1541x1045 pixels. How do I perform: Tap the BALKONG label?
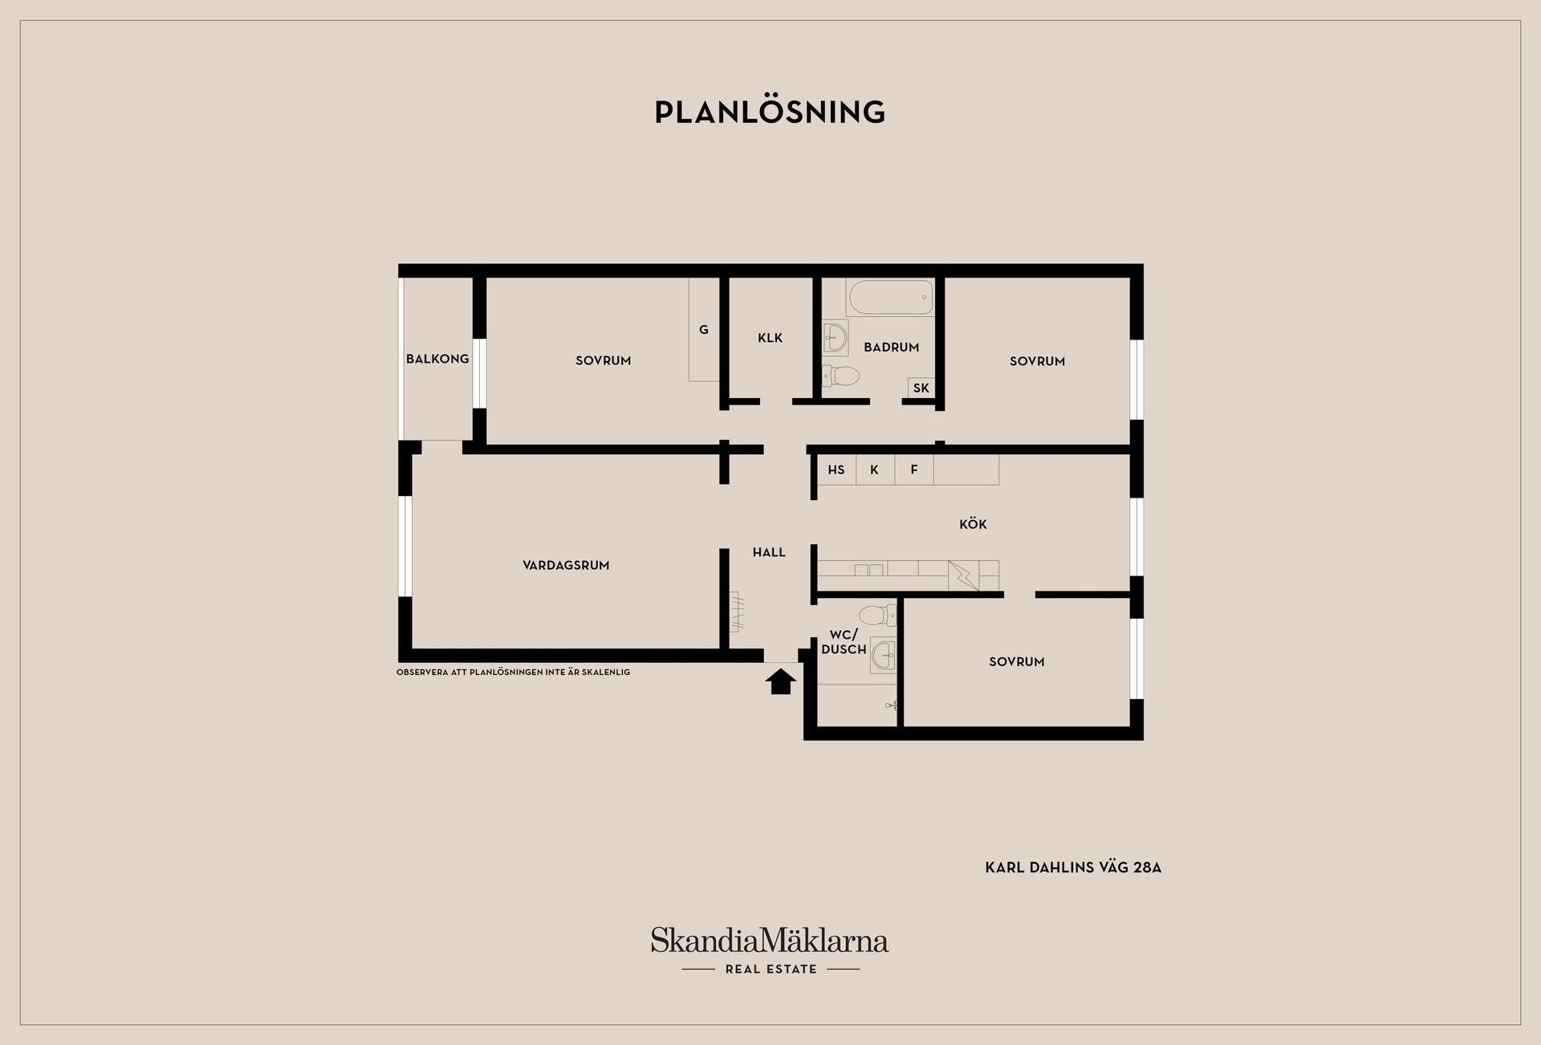tap(437, 359)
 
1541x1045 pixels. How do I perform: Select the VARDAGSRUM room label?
tap(566, 565)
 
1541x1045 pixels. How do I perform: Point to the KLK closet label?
tap(770, 338)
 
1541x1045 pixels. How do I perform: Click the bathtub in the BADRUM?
tap(891, 297)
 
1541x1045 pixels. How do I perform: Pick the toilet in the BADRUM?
tap(840, 376)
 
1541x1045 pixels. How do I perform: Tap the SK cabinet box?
tap(921, 388)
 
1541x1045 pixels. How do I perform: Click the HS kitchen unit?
tap(836, 470)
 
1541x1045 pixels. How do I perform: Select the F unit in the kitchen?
tap(914, 470)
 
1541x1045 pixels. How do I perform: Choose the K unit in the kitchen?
tap(875, 470)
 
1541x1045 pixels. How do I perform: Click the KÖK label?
tap(973, 524)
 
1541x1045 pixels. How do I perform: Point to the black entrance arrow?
tap(781, 682)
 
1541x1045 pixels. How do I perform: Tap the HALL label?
tap(769, 552)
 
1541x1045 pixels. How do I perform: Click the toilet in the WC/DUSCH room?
tap(877, 616)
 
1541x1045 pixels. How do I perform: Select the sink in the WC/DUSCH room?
tap(884, 656)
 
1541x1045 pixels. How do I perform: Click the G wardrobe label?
tap(704, 330)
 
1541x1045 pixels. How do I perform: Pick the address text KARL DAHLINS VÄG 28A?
tap(1073, 868)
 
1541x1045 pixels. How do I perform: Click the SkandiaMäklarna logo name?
tap(770, 940)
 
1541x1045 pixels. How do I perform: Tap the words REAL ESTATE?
tap(771, 970)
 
